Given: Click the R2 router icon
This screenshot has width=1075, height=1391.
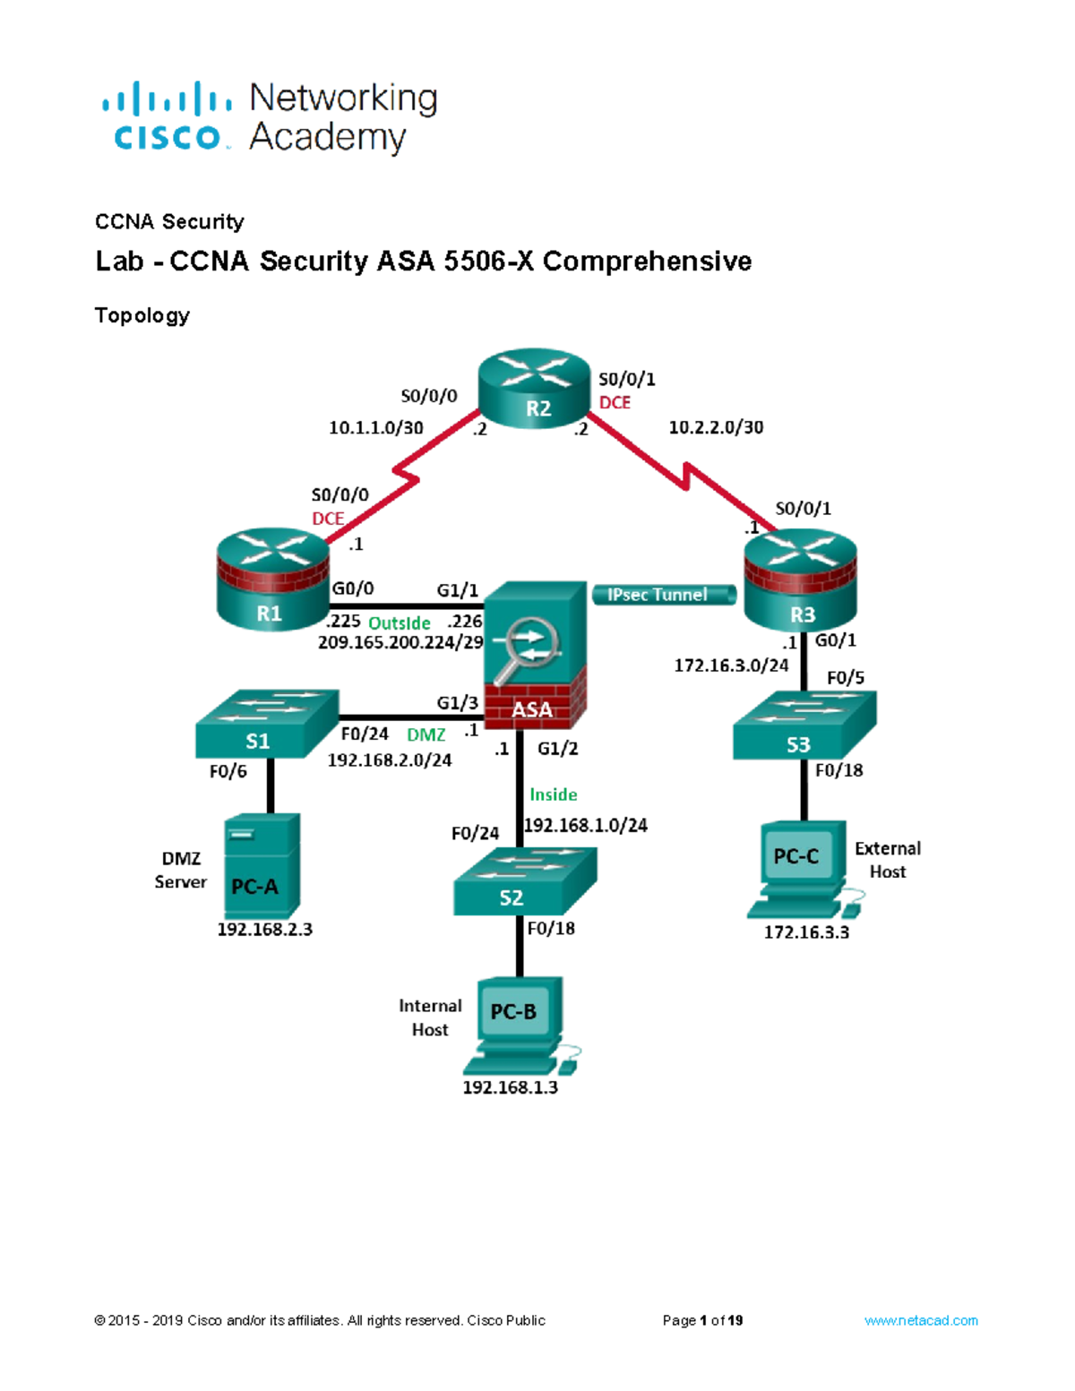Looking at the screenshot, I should [x=535, y=390].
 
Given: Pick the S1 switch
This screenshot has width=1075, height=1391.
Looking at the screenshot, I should [x=266, y=724].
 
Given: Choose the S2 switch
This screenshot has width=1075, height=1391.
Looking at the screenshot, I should [x=524, y=881].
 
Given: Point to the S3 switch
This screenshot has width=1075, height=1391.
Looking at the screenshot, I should [x=804, y=726].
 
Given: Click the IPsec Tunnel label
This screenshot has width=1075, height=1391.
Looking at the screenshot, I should [x=662, y=595].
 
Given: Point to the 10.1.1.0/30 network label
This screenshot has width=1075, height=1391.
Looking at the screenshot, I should [x=375, y=428].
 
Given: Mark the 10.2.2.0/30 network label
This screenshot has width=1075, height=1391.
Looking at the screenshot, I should [x=716, y=428].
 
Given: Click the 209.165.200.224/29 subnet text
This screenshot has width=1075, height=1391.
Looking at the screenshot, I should [x=400, y=642].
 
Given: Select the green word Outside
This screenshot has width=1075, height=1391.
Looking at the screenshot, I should [x=400, y=623].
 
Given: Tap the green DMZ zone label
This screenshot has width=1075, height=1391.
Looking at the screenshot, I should [x=426, y=735].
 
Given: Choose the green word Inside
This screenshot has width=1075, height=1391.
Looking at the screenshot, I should [x=553, y=794].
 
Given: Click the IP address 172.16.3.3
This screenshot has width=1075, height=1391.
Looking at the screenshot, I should [x=806, y=932].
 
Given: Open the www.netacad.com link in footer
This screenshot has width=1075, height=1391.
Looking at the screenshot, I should [x=920, y=1320].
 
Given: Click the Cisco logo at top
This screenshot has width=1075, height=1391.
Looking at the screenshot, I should [x=167, y=116].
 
